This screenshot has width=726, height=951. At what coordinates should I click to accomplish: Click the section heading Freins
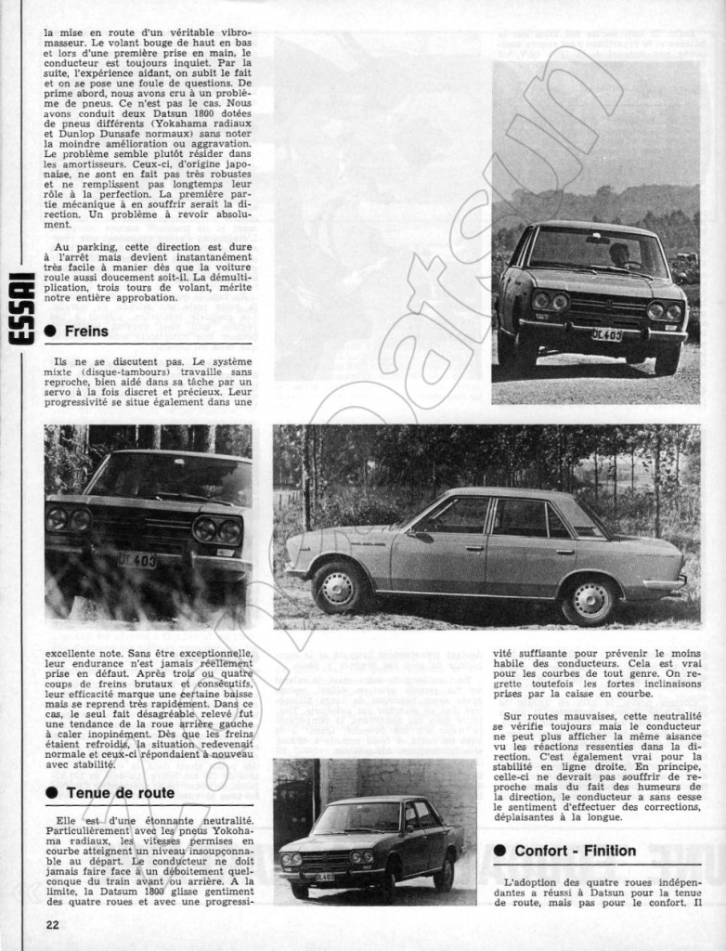[86, 331]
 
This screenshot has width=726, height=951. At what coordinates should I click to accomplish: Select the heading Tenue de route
[120, 792]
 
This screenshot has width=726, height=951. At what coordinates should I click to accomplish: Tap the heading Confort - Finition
[575, 850]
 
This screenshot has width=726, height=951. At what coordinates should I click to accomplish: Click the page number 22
[52, 924]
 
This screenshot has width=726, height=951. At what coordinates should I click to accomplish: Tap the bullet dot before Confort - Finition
[499, 851]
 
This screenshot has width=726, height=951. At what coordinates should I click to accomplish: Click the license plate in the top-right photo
[606, 334]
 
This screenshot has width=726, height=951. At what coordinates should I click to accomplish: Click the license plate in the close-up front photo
[136, 560]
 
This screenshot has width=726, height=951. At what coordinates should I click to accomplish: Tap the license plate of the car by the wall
[325, 876]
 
